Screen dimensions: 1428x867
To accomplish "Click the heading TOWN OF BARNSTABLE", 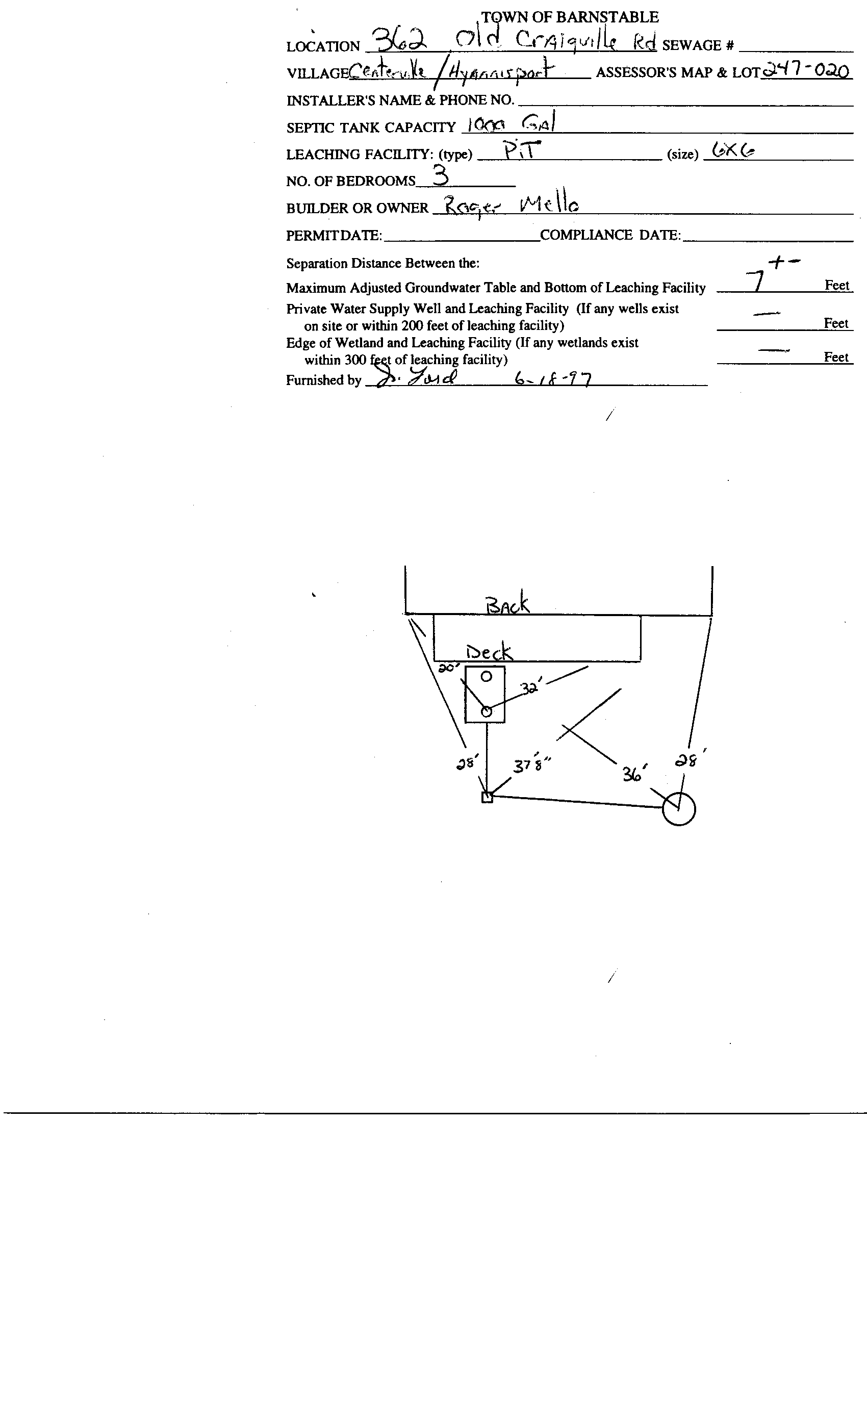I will click(x=570, y=17).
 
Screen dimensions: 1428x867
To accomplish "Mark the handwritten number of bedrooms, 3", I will click(x=441, y=174).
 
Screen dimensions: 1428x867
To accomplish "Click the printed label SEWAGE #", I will click(x=698, y=45).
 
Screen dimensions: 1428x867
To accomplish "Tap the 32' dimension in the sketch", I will click(x=530, y=688).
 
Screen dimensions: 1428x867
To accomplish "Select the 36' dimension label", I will click(x=634, y=773).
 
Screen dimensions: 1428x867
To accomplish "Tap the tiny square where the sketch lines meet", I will click(x=488, y=798).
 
